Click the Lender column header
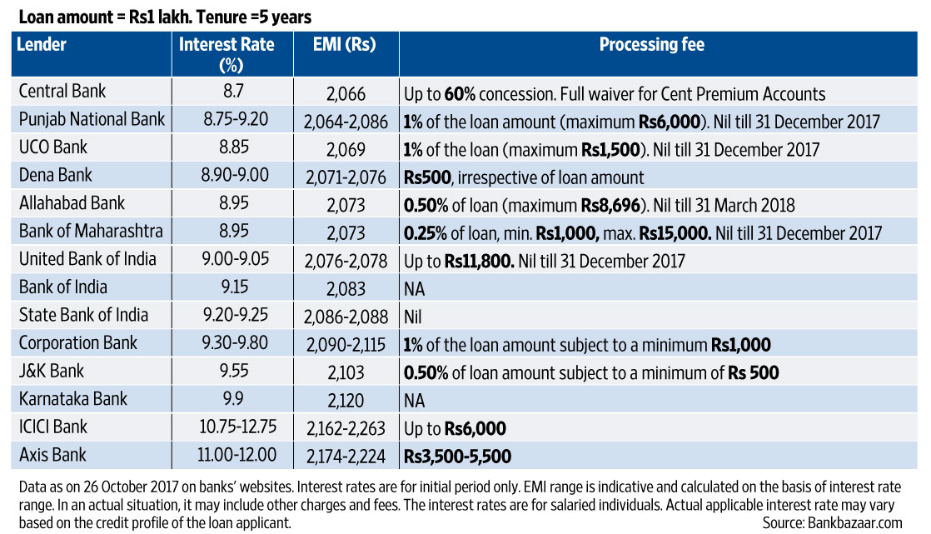42,45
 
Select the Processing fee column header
651,45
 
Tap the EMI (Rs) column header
346,45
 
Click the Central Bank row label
62,92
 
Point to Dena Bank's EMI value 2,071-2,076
346,176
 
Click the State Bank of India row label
83,316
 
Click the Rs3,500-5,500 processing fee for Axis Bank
457,456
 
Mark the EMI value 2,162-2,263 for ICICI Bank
346,428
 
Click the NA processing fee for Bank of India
414,287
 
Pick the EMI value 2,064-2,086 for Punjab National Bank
346,120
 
